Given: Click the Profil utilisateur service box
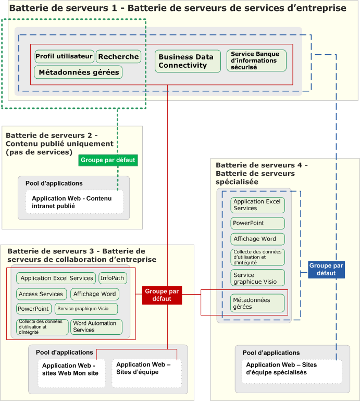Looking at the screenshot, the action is tap(65, 56).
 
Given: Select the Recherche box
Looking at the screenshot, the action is tap(119, 56).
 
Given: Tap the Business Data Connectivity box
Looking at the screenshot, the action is tap(188, 61).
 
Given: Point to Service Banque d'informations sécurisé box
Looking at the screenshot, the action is tap(256, 60).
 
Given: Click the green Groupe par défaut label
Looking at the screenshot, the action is tap(108, 160).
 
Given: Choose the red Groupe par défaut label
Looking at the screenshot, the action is tap(162, 295).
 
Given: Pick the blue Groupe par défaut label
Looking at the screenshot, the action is tap(326, 269).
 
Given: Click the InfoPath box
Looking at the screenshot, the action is tap(113, 278).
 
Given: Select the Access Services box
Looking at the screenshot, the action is tap(41, 294).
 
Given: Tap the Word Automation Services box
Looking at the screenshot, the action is tap(96, 327).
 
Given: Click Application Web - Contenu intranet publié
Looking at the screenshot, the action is tap(75, 202).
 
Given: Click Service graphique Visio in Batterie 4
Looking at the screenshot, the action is tap(257, 278).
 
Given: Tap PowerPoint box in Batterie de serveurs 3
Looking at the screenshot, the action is tap(34, 309).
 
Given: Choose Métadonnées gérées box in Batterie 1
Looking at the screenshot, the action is tap(78, 72).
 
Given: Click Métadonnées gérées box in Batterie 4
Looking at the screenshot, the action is tap(257, 303).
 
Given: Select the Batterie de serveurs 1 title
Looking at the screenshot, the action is tap(178, 8).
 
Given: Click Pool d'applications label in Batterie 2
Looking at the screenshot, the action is tap(54, 183).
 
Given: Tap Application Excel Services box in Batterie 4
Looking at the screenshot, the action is tap(257, 205).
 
